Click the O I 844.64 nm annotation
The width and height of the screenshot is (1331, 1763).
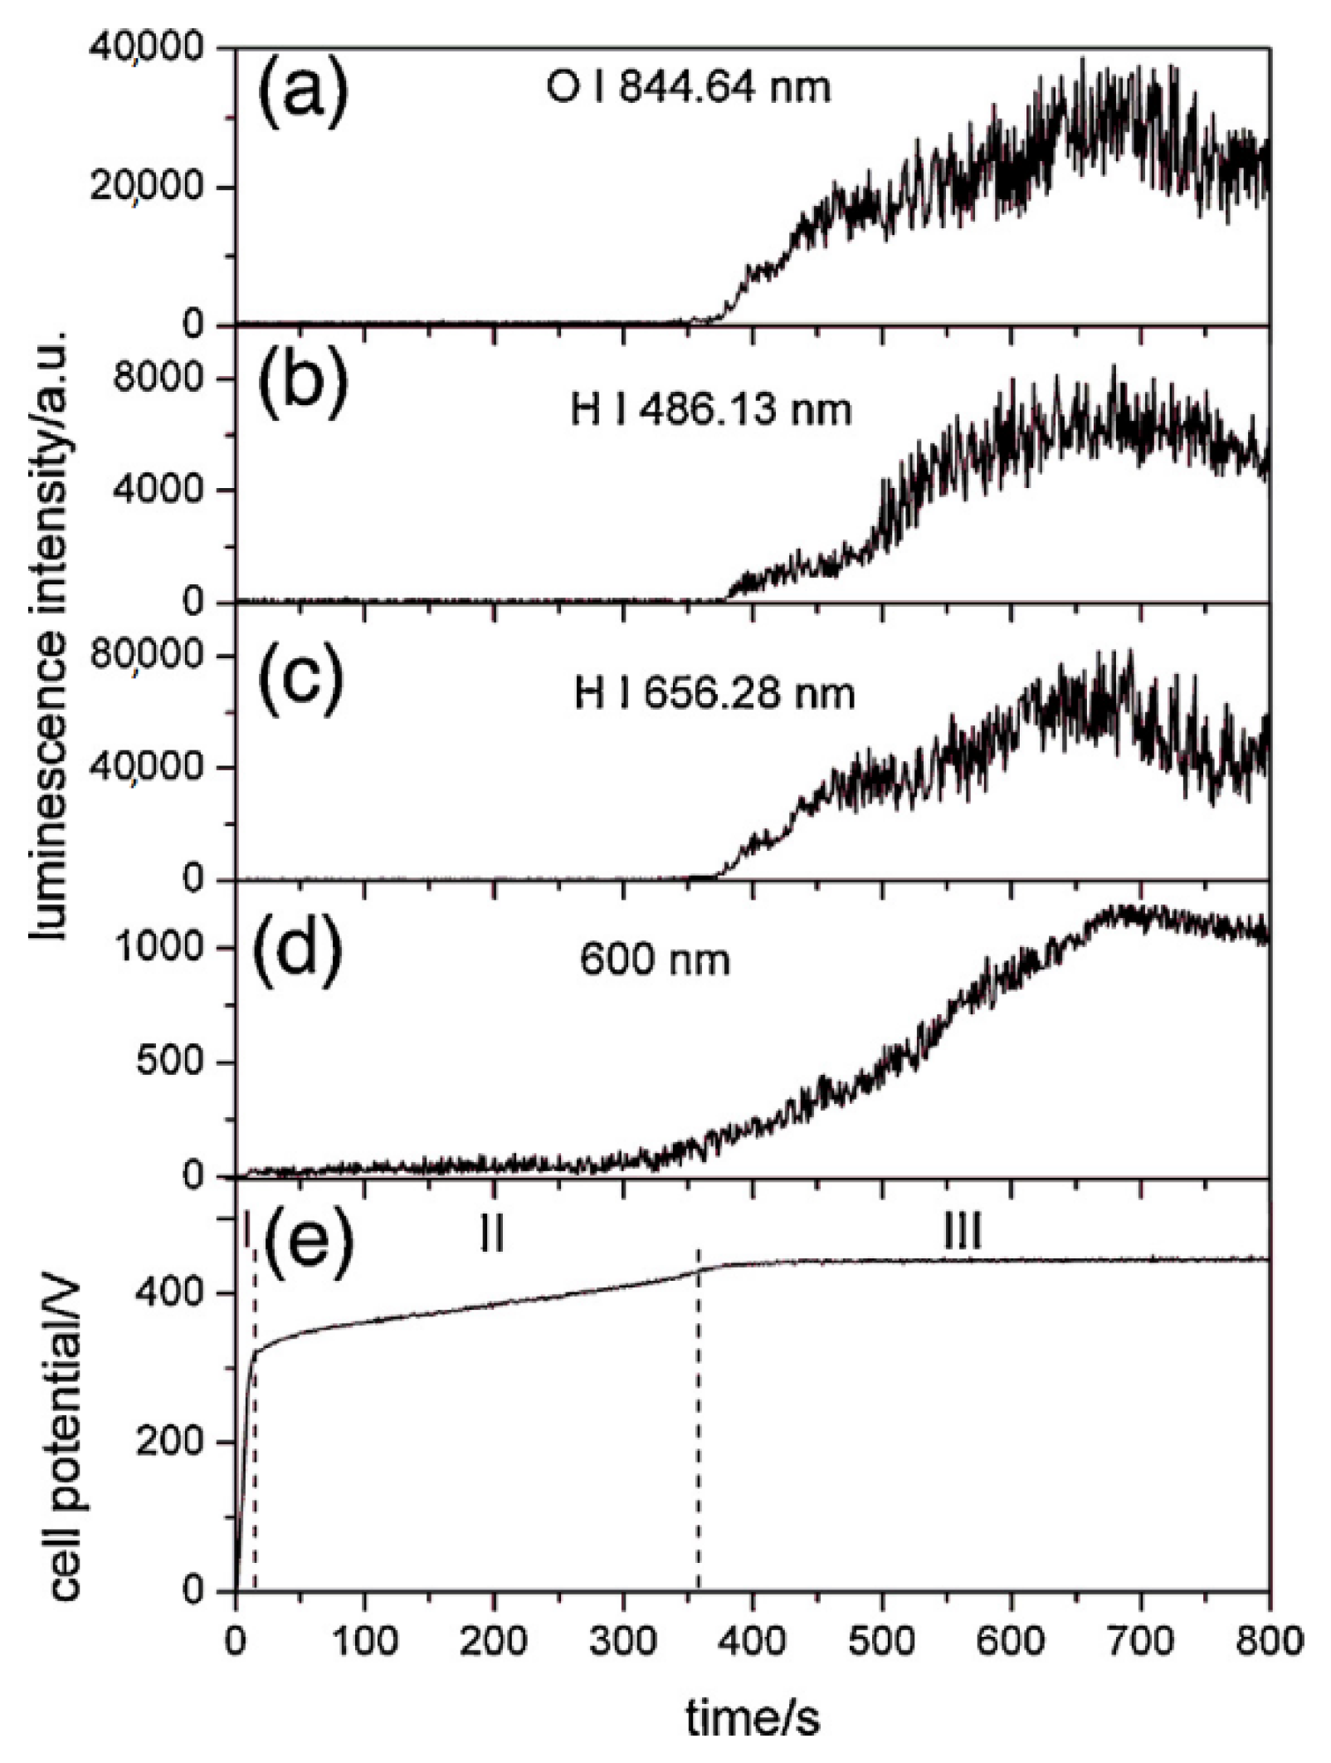coord(688,87)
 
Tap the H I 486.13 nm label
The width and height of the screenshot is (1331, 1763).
coord(711,409)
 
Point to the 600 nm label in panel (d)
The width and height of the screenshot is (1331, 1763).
coord(655,960)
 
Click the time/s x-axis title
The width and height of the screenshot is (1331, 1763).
coord(752,1719)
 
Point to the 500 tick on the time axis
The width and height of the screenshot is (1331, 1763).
coord(882,1640)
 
